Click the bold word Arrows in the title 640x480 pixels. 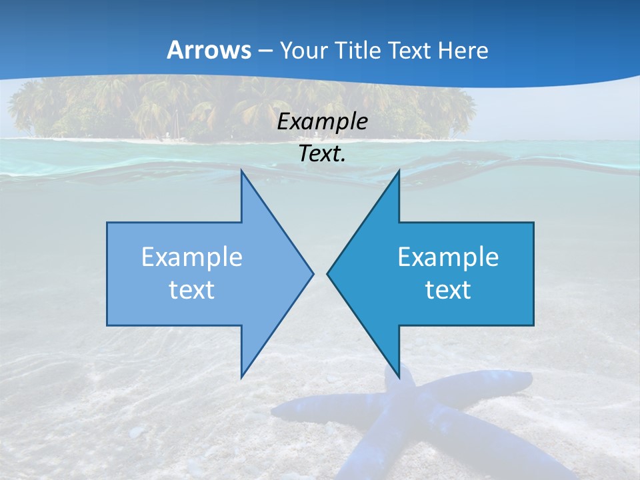(209, 50)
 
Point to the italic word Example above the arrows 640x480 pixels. (323, 122)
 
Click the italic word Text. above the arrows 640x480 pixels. (323, 154)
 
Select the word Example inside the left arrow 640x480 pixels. (192, 257)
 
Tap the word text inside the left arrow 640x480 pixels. (192, 289)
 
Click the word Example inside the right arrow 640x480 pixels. (448, 257)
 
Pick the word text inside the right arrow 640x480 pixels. (448, 289)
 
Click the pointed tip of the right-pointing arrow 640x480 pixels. (313, 273)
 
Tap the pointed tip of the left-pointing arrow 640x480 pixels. (327, 273)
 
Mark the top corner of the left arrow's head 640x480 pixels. (241, 171)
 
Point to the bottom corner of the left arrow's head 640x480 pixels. (241, 377)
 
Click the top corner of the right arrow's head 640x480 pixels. (399, 171)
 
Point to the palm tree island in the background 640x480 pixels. (240, 107)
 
